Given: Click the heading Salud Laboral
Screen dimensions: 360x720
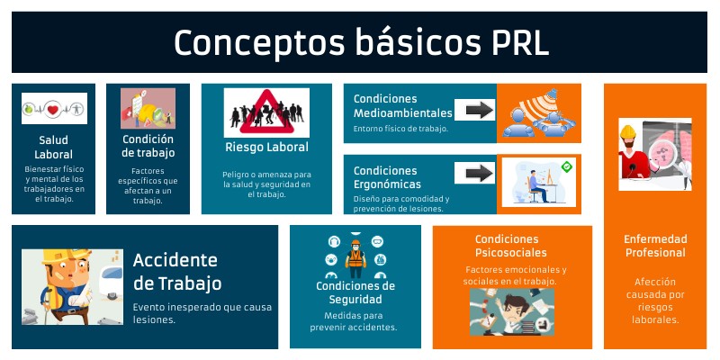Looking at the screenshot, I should (x=54, y=147).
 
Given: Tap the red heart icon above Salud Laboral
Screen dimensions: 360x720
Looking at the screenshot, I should (x=54, y=109).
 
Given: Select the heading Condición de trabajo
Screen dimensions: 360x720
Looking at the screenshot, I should (x=148, y=147).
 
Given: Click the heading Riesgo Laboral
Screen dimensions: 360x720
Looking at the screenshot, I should (x=266, y=148).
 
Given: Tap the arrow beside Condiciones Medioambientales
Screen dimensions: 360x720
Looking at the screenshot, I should (x=474, y=110).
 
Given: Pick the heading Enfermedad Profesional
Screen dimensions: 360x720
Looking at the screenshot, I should (x=655, y=246).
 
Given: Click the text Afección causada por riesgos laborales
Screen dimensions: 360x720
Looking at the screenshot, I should (x=655, y=300).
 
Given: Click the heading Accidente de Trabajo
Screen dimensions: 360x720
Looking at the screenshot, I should (x=176, y=272).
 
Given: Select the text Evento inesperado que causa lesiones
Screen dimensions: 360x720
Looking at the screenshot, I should (x=202, y=312).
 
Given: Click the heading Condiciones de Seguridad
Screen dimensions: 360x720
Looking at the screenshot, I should (x=355, y=292).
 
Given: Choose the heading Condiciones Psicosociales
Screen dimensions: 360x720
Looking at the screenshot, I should (x=512, y=246).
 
